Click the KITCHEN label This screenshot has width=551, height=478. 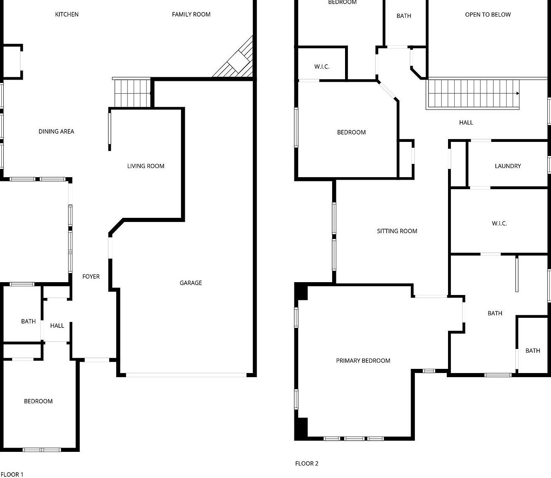[67, 15]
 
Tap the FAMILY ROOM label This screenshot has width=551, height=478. [191, 15]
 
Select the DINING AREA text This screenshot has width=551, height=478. [56, 132]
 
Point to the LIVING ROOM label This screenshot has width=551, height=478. [146, 166]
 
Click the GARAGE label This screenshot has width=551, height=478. [191, 283]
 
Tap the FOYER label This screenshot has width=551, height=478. [91, 277]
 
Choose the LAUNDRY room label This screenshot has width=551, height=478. [507, 166]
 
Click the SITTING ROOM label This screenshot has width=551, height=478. [397, 231]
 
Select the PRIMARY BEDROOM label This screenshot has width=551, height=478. [363, 361]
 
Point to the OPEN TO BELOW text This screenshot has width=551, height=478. [488, 15]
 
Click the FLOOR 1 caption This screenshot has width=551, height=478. [12, 474]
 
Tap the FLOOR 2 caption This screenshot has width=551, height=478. [307, 463]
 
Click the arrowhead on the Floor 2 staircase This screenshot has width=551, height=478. [518, 93]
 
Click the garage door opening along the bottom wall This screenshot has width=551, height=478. [186, 375]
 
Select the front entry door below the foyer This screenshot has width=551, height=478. [97, 360]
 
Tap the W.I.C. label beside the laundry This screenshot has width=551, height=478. [499, 224]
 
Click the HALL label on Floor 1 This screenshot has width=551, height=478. [57, 326]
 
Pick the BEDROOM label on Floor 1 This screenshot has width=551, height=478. [38, 401]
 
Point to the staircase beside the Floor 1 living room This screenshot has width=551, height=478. [132, 93]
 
